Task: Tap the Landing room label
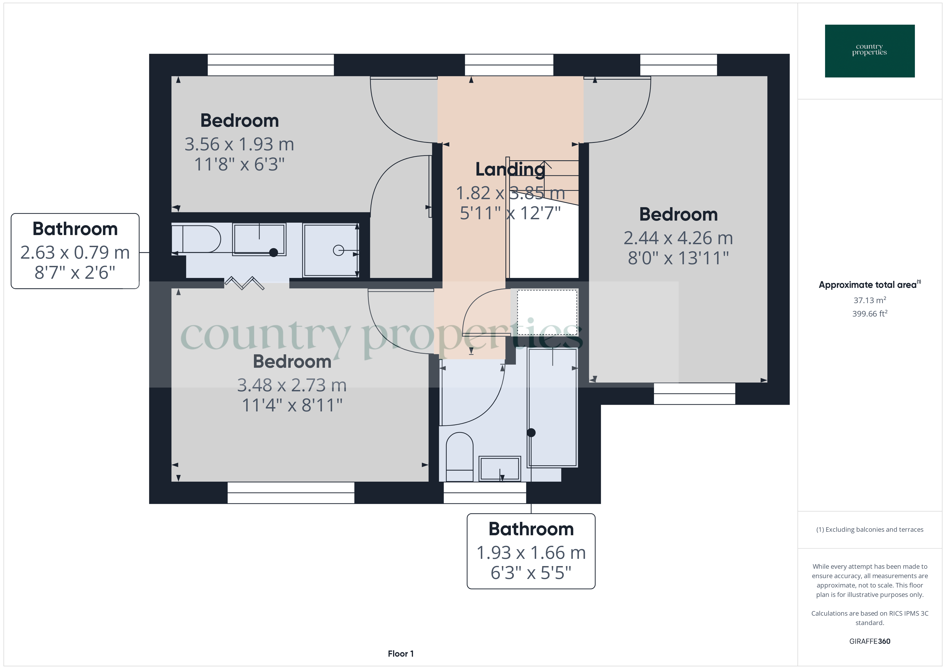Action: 510,169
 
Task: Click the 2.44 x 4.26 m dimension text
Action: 678,238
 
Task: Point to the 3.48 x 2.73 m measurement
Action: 292,385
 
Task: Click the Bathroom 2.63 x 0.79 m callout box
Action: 75,251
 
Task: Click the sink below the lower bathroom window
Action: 499,469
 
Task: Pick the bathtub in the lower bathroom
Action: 553,408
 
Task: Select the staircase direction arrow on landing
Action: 545,165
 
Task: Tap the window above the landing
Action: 509,65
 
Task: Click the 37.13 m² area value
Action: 869,300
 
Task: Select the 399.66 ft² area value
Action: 869,314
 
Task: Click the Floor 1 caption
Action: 401,654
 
